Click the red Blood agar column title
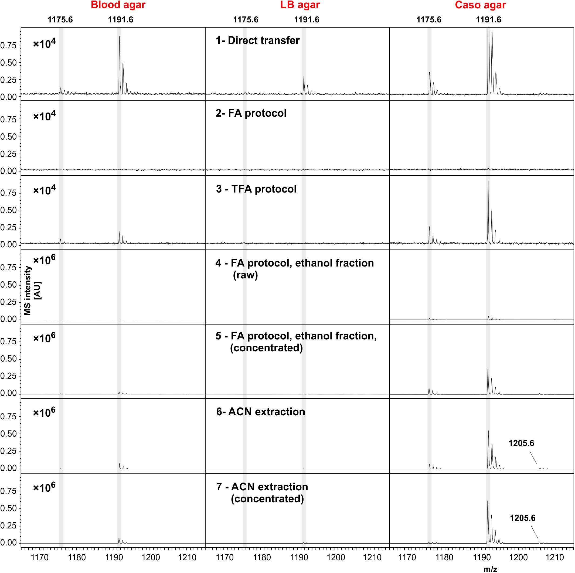click(118, 5)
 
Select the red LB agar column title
click(300, 5)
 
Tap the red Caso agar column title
click(480, 5)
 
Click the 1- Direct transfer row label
click(258, 41)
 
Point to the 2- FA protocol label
click(251, 113)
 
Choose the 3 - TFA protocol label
click(256, 189)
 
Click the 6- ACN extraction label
click(260, 412)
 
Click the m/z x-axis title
click(490, 569)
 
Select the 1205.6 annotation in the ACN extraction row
click(521, 443)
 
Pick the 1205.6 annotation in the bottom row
click(523, 518)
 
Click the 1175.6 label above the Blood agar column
click(60, 20)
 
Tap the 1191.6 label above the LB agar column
click(307, 20)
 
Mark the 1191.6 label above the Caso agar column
click(488, 20)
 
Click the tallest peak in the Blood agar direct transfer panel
click(119, 37)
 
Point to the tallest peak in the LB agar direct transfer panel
click(304, 77)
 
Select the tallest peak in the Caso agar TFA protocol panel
click(488, 181)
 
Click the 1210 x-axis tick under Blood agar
click(188, 557)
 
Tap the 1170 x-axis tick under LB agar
click(225, 557)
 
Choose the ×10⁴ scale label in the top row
click(44, 44)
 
